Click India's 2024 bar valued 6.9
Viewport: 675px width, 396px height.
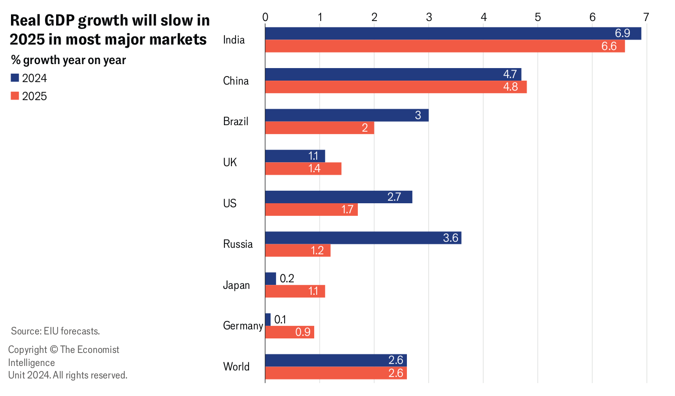coord(453,34)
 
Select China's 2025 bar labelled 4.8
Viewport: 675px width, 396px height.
coord(395,87)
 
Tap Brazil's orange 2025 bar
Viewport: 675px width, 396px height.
coord(319,128)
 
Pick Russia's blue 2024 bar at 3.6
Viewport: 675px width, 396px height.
coord(363,238)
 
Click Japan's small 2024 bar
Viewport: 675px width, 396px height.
coord(270,279)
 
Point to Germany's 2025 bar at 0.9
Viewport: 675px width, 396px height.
coord(289,332)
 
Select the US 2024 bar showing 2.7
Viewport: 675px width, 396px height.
coord(338,197)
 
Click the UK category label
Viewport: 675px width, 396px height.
coord(230,163)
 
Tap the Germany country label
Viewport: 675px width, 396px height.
coord(243,326)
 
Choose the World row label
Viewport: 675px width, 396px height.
coord(236,367)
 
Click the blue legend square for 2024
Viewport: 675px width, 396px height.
coord(15,78)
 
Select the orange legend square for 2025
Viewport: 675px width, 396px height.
coord(15,96)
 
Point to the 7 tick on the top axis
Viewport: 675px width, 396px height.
coord(646,18)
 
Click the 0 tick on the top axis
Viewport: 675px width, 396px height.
coord(265,18)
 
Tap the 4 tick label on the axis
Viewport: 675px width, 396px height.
coord(483,18)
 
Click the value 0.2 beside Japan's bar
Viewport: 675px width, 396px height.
coord(287,279)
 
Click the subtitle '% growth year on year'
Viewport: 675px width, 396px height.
coord(68,61)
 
